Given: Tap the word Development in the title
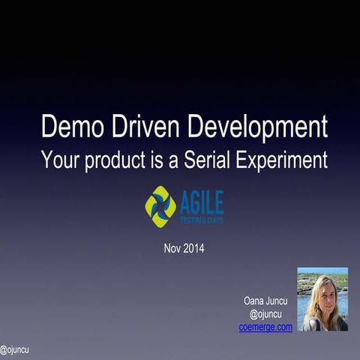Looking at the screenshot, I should tap(257, 127).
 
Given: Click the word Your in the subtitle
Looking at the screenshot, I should tap(60, 159).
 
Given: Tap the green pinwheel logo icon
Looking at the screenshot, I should tap(160, 206).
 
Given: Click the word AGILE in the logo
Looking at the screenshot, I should tap(201, 202).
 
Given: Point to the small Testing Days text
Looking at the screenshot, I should tap(201, 220).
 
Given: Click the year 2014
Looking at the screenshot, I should tap(193, 248).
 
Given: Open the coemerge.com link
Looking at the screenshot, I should tap(265, 327).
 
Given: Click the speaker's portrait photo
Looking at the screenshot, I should tap(322, 299).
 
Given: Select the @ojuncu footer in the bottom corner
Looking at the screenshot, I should tap(14, 349).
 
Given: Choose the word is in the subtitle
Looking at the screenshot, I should tap(152, 159).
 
